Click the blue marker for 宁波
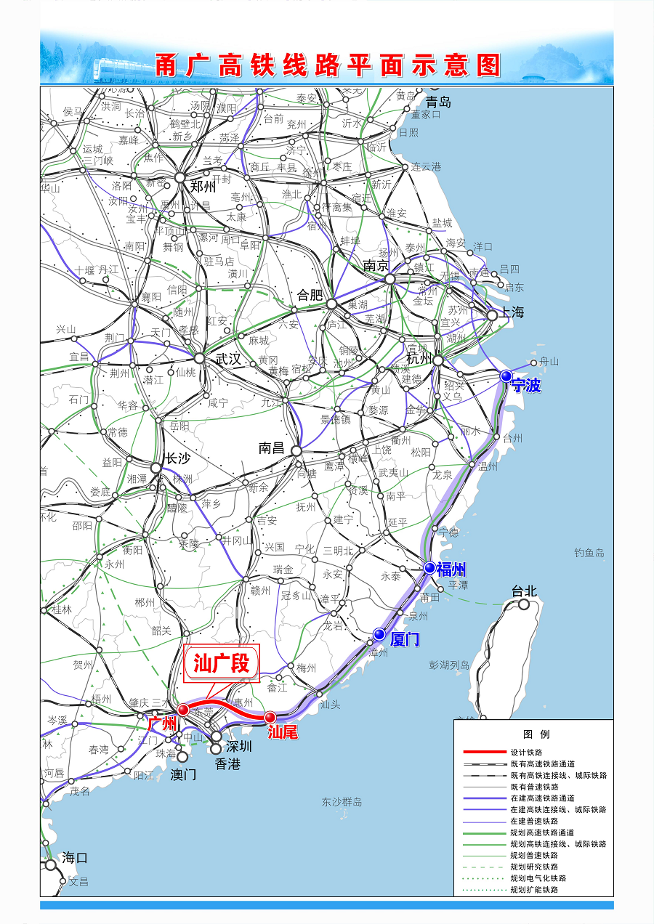click(x=506, y=376)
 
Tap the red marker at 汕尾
click(x=270, y=718)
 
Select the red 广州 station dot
click(x=183, y=709)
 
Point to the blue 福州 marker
click(x=430, y=567)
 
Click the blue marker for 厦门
click(x=379, y=634)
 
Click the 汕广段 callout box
click(x=222, y=663)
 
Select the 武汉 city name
click(x=227, y=359)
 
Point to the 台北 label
click(x=524, y=591)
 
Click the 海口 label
click(x=75, y=857)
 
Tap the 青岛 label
click(x=438, y=102)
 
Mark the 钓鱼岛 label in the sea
click(x=589, y=553)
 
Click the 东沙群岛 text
click(x=342, y=802)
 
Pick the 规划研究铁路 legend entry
click(x=534, y=867)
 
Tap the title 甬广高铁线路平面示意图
click(x=327, y=65)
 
